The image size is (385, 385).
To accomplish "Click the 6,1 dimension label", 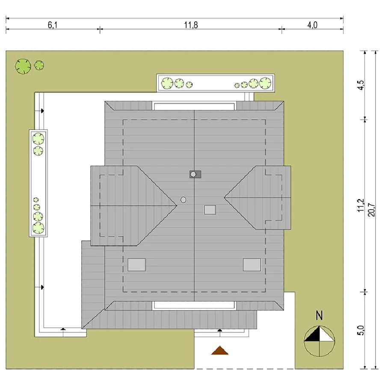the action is tap(53, 25).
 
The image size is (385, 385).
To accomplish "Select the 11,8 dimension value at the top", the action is tap(191, 25).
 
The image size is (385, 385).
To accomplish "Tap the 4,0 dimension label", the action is tap(312, 25).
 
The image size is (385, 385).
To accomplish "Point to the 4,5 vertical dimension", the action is tap(361, 85).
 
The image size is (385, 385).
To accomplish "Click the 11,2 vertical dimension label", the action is tap(361, 205).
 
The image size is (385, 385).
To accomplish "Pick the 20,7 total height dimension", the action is tap(371, 210).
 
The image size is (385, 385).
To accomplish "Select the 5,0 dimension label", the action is tap(361, 330).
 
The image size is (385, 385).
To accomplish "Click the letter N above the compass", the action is tap(319, 316).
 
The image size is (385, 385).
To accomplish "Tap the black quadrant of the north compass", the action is tap(314, 335).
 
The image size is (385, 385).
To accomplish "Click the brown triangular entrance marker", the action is tap(220, 350).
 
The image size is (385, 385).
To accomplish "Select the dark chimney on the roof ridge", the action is tap(195, 175).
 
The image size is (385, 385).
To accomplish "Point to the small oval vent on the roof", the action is tap(183, 200).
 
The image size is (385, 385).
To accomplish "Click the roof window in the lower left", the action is tap(136, 265).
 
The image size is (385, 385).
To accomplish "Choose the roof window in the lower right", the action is tap(252, 265).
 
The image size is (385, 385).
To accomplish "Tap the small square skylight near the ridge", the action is tap(210, 210).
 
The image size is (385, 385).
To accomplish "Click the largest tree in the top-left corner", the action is tap(23, 66).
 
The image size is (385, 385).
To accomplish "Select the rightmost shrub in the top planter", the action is tap(265, 83).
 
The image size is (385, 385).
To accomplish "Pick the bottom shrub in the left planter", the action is tap(38, 228).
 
